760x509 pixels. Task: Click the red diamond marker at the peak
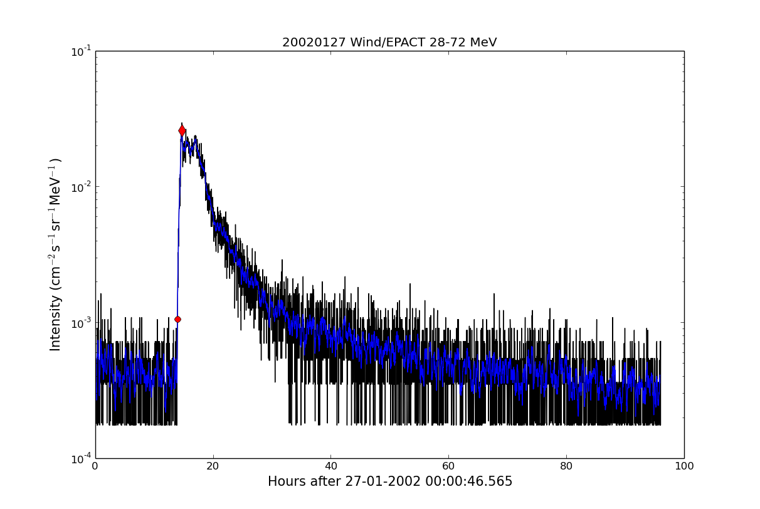pyautogui.click(x=182, y=130)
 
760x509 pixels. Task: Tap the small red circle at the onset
pyautogui.click(x=177, y=319)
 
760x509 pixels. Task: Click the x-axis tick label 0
pyautogui.click(x=95, y=466)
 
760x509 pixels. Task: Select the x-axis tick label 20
pyautogui.click(x=213, y=466)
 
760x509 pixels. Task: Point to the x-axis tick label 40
pyautogui.click(x=330, y=466)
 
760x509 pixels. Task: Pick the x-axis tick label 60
pyautogui.click(x=448, y=466)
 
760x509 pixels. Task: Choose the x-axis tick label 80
pyautogui.click(x=566, y=466)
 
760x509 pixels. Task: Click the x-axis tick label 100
pyautogui.click(x=683, y=466)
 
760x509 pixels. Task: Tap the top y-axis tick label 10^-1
pyautogui.click(x=81, y=51)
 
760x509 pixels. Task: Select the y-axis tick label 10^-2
pyautogui.click(x=81, y=187)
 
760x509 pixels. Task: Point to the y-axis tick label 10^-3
pyautogui.click(x=81, y=323)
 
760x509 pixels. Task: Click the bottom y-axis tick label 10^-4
pyautogui.click(x=81, y=458)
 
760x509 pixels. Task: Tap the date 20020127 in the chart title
pyautogui.click(x=309, y=43)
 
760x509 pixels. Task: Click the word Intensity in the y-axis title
pyautogui.click(x=56, y=323)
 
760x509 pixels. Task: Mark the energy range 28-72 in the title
pyautogui.click(x=441, y=43)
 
